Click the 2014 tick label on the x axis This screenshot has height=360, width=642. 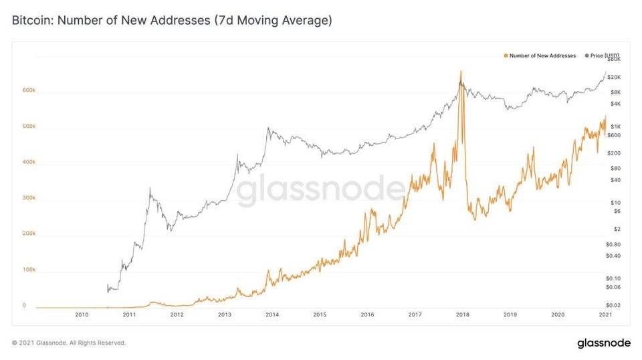point(272,314)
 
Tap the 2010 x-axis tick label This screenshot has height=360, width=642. point(82,314)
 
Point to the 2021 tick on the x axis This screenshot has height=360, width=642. point(605,314)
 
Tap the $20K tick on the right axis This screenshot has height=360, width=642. point(615,78)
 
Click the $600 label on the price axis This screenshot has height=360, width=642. point(615,135)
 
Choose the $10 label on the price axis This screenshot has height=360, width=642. point(614,202)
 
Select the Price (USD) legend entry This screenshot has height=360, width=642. point(603,56)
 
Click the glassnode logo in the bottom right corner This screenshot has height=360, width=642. point(603,343)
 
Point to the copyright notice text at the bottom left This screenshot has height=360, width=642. point(69,343)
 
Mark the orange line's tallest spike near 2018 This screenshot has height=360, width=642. point(460,72)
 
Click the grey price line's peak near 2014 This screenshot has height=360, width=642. point(269,128)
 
